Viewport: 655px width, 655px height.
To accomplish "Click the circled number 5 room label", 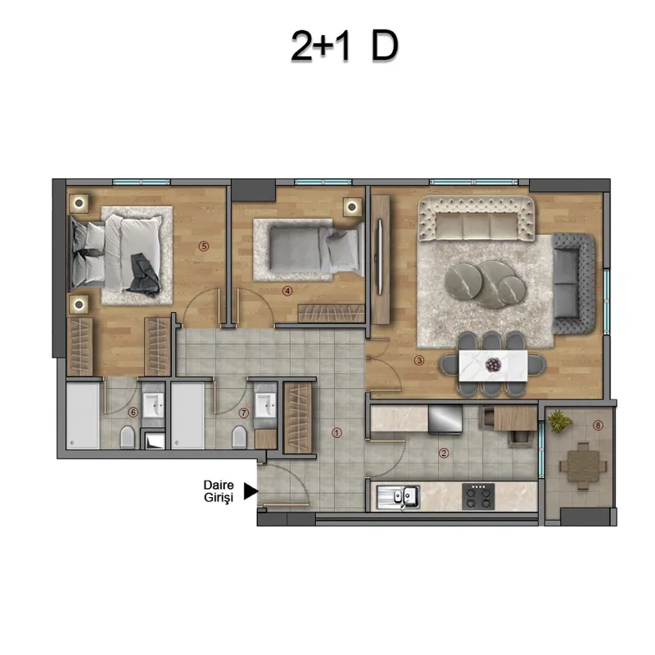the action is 203,246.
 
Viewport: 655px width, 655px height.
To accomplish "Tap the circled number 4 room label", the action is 287,291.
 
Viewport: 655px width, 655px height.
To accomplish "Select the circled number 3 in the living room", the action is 419,360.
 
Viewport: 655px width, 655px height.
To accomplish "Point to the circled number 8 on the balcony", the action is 599,425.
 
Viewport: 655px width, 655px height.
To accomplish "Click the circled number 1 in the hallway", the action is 337,433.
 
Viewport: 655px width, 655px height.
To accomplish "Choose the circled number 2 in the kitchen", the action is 444,453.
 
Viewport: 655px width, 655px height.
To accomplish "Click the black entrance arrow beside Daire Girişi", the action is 251,490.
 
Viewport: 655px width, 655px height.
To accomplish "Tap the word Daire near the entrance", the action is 219,485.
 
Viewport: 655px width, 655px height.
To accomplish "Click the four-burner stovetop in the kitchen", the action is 478,496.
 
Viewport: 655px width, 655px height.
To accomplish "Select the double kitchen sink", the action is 398,496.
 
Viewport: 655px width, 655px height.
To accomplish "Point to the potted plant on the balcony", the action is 559,421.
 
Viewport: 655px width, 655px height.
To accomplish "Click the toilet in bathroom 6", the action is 127,437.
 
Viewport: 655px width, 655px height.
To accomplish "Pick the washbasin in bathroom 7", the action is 264,404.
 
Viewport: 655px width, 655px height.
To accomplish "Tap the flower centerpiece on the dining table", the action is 494,365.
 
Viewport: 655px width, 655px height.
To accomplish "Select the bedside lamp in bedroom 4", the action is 352,206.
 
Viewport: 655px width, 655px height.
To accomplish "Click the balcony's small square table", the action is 583,465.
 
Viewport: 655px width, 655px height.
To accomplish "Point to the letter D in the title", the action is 384,46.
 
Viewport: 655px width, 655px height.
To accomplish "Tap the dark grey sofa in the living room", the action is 573,283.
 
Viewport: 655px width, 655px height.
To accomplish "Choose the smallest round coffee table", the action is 512,290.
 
